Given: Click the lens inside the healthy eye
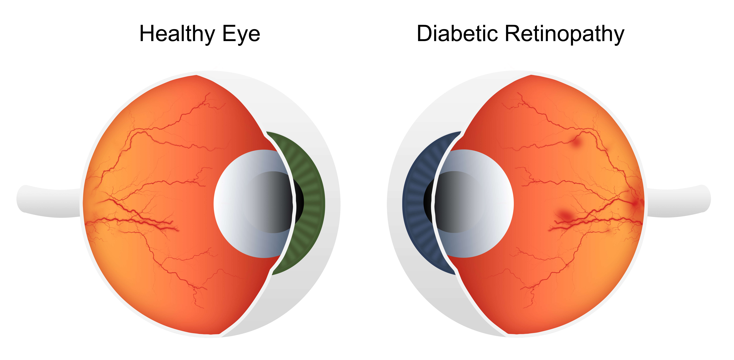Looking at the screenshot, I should point(251,204).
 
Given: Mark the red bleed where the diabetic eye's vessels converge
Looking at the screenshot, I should point(635,203).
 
